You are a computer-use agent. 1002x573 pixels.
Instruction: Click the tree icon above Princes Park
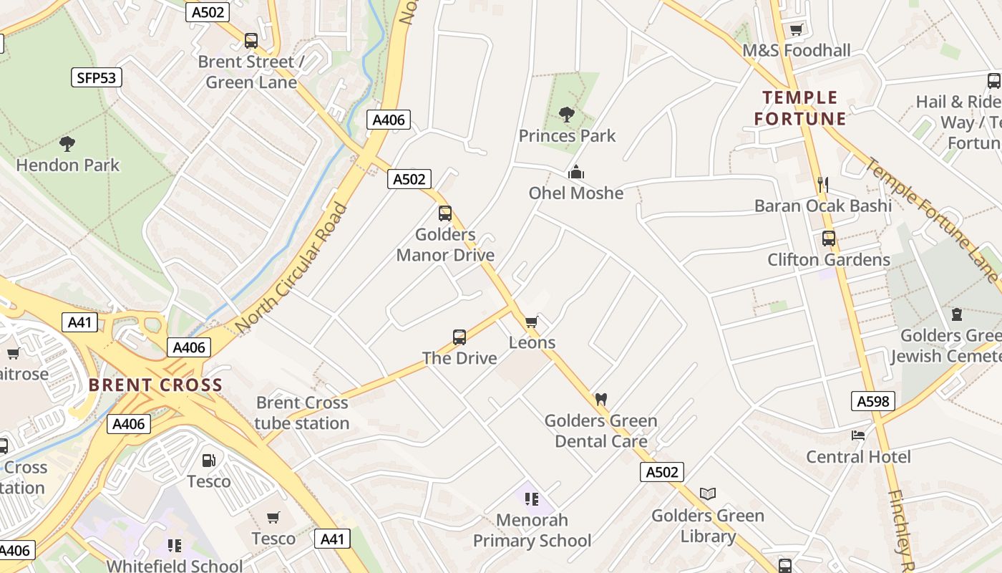pos(566,114)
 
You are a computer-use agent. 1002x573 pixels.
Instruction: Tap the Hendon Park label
pos(68,165)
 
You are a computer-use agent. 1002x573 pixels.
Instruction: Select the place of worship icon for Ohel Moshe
pos(576,172)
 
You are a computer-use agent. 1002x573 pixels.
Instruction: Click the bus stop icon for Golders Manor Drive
pos(445,213)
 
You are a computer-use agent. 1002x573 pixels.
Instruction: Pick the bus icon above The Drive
pos(459,337)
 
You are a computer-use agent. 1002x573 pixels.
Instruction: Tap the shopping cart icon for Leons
pos(532,322)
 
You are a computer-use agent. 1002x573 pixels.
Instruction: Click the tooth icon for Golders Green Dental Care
pos(601,399)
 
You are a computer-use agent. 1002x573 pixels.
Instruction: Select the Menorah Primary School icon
pos(531,499)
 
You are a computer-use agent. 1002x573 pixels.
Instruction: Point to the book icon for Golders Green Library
pos(708,493)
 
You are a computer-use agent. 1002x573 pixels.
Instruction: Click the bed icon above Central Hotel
pos(858,435)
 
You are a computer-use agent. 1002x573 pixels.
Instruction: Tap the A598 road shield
pos(874,401)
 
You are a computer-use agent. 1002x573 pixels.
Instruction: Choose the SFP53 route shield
pos(97,77)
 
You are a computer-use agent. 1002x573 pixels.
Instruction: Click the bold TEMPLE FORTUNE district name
pos(800,107)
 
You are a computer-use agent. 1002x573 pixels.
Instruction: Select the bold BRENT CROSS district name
pos(155,385)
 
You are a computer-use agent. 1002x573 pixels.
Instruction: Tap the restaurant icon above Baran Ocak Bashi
pos(823,185)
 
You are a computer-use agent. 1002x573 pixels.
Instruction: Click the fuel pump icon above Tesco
pos(208,460)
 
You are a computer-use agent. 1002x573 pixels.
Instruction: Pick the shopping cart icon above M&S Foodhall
pos(796,29)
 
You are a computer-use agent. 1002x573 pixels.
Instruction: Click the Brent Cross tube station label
pos(302,413)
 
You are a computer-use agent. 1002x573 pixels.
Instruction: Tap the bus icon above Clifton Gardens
pos(829,239)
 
